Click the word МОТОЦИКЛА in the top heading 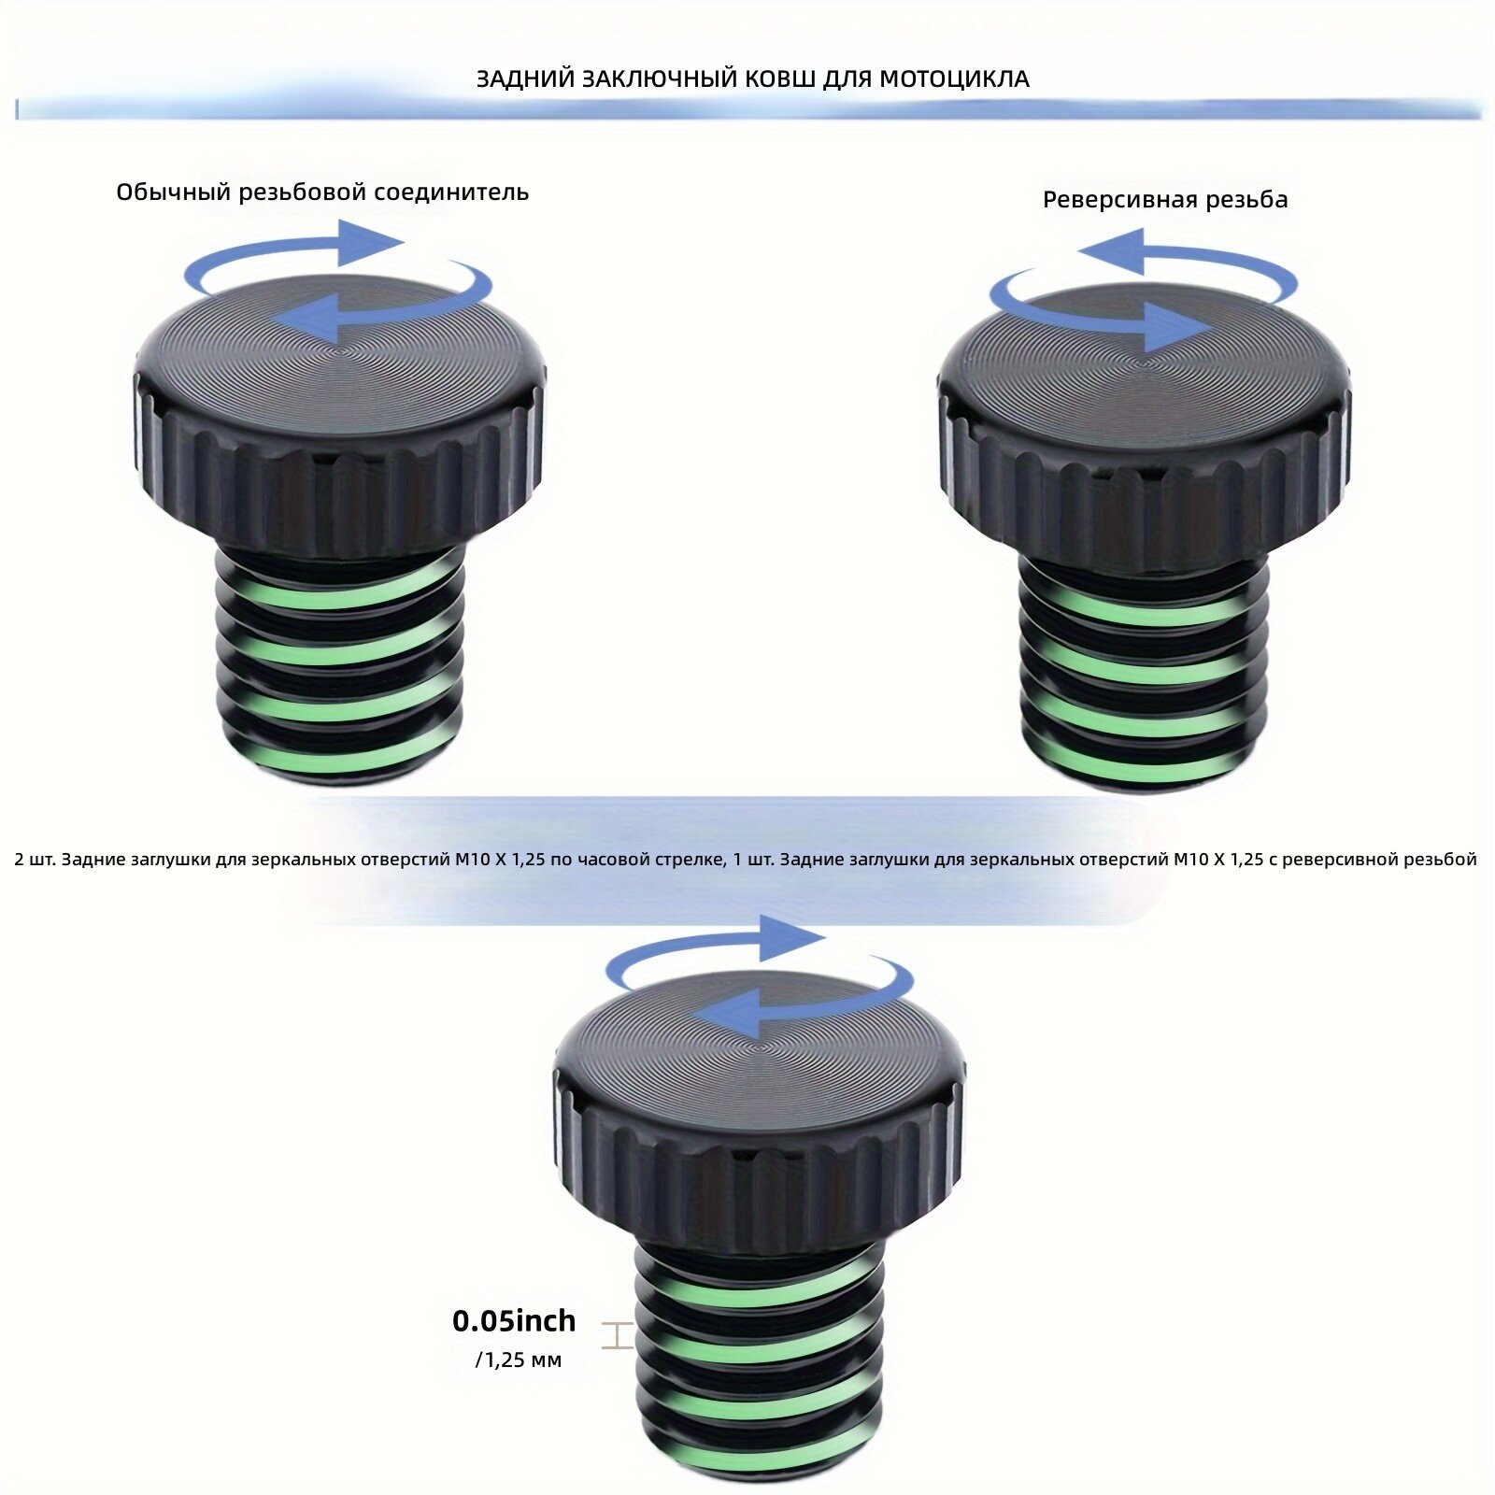pyautogui.click(x=955, y=79)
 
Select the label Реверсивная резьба pyautogui.click(x=1165, y=200)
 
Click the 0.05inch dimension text pyautogui.click(x=514, y=1321)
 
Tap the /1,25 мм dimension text pyautogui.click(x=519, y=1360)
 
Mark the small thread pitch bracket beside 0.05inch pyautogui.click(x=617, y=1336)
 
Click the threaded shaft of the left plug pyautogui.click(x=340, y=665)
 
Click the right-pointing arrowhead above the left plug pyautogui.click(x=370, y=242)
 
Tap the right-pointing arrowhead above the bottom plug pyautogui.click(x=792, y=938)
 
